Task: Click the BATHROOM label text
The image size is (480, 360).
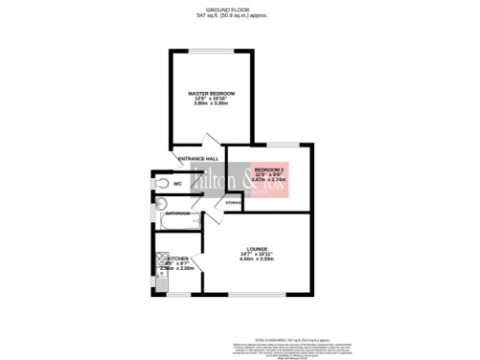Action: [179, 214]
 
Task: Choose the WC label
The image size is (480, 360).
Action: [176, 184]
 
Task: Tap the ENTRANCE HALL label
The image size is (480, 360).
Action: [199, 158]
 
